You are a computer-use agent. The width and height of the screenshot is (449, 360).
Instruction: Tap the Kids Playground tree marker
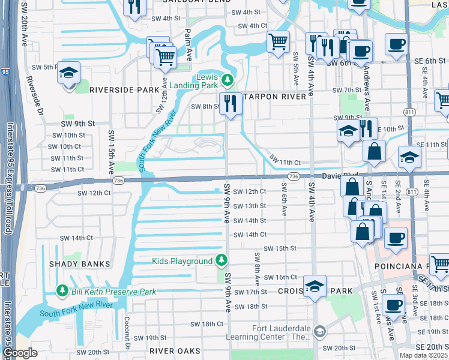pos(222,260)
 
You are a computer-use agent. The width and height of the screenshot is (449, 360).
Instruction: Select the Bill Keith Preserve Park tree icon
pos(62,291)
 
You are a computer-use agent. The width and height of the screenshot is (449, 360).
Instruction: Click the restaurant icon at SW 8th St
pos(230,103)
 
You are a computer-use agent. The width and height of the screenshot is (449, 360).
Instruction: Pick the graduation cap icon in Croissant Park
pos(314,286)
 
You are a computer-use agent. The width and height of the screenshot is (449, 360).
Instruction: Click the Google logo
pos(19,353)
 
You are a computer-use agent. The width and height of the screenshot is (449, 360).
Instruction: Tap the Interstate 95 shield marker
pos(6,72)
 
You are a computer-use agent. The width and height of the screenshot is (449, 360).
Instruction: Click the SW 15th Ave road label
pos(110,147)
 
